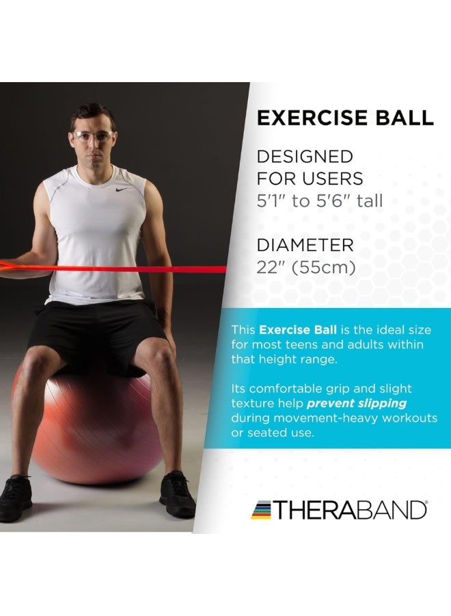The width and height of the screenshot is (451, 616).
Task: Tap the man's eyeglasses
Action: point(93,136)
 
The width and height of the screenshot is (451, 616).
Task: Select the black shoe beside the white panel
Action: point(177,493)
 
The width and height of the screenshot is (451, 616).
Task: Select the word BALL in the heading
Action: point(406,118)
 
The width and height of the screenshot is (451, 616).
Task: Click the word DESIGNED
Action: point(305,157)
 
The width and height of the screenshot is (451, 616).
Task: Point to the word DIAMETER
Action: point(305,245)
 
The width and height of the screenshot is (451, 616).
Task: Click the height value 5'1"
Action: point(271,201)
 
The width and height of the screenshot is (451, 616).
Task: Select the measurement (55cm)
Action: point(325,268)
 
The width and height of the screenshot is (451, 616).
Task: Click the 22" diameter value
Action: point(269,268)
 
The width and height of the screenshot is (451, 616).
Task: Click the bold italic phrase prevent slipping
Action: point(357,403)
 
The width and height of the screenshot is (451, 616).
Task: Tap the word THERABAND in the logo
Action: point(351,510)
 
